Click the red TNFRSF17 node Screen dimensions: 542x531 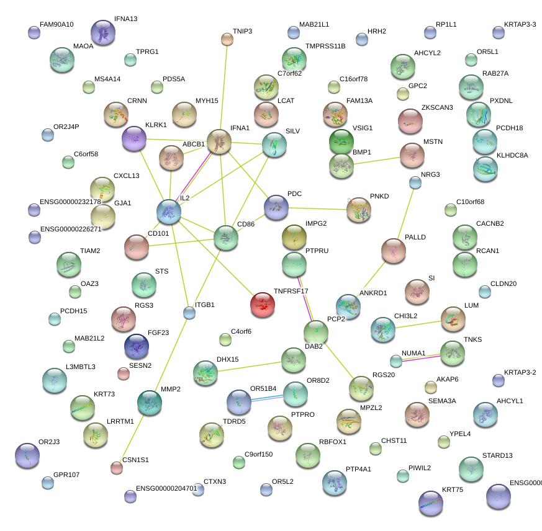point(263,305)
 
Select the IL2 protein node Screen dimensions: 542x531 point(169,212)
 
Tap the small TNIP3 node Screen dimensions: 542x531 point(227,40)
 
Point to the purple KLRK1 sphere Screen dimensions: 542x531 point(133,139)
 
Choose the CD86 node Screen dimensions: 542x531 point(225,238)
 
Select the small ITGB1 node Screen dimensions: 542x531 point(189,313)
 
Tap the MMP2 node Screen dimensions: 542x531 point(149,403)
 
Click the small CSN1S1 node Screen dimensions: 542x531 point(116,467)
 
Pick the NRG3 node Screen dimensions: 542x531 point(415,182)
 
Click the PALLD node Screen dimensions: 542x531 point(393,251)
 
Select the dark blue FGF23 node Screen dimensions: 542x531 point(136,346)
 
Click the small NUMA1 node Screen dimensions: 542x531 point(396,360)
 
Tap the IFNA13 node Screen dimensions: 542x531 point(102,32)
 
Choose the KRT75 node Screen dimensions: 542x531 point(431,503)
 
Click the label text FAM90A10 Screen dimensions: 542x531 point(56,25)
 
